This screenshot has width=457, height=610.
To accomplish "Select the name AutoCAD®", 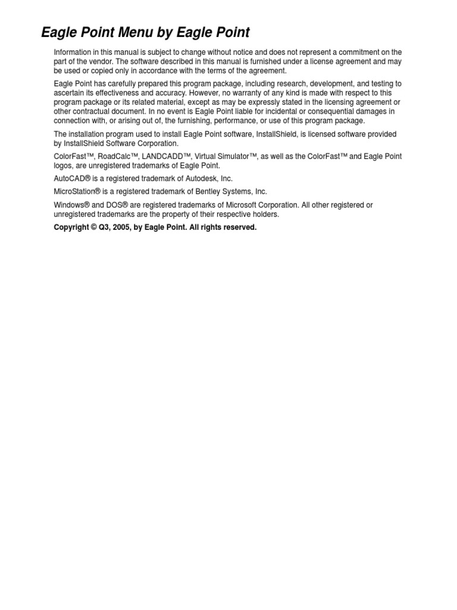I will click(72, 179).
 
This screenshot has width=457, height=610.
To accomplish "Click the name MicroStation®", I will click(77, 192).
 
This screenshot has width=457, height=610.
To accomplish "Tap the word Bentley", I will click(210, 192).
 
